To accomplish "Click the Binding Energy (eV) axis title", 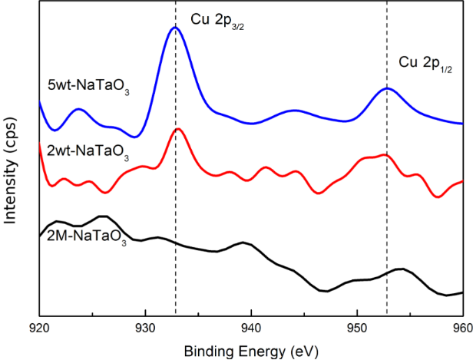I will [x=250, y=350].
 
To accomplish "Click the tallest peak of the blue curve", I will [x=174, y=28].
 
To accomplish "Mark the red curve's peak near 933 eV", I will [x=178, y=129].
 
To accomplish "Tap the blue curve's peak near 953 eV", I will [x=388, y=88].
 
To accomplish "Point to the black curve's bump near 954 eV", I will [x=400, y=269].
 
